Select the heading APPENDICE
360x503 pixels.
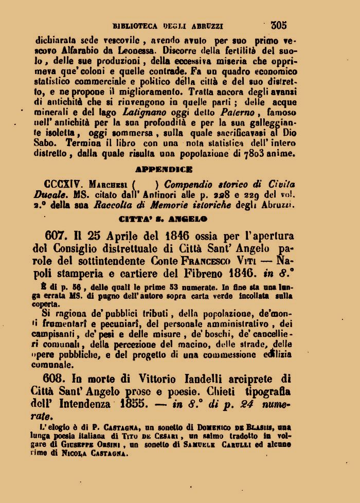click(164, 169)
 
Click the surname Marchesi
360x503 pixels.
click(107, 184)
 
